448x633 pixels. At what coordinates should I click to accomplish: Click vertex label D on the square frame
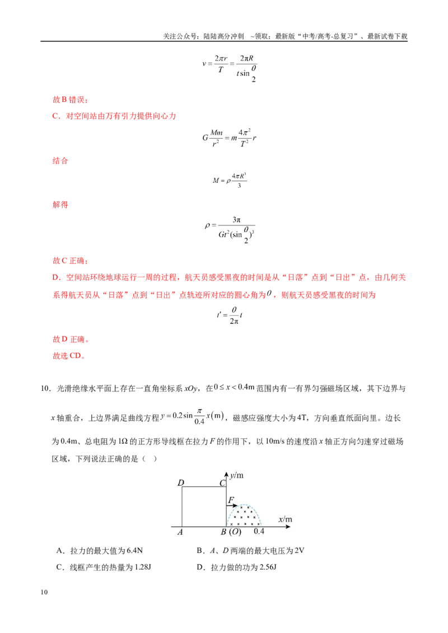[x=181, y=483]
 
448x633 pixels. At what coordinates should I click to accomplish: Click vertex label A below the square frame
[x=180, y=532]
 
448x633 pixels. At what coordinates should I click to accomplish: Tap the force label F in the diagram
[x=231, y=500]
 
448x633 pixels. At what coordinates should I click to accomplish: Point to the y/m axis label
[x=237, y=475]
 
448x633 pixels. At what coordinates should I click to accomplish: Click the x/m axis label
[x=285, y=519]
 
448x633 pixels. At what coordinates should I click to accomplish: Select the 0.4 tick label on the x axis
[x=259, y=531]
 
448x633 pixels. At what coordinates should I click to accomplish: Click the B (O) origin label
[x=231, y=532]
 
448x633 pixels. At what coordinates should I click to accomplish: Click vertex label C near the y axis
[x=222, y=483]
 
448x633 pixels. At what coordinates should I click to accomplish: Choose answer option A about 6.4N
[x=100, y=551]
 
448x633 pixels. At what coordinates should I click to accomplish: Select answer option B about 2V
[x=250, y=551]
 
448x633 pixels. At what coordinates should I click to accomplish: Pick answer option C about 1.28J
[x=104, y=567]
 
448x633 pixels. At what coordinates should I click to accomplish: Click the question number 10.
[x=45, y=389]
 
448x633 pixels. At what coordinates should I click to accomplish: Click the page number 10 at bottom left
[x=44, y=592]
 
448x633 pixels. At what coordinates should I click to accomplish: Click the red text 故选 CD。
[x=69, y=356]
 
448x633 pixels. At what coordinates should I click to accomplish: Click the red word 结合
[x=60, y=160]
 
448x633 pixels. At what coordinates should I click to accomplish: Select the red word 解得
[x=60, y=205]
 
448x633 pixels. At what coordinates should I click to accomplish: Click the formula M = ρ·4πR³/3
[x=230, y=180]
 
